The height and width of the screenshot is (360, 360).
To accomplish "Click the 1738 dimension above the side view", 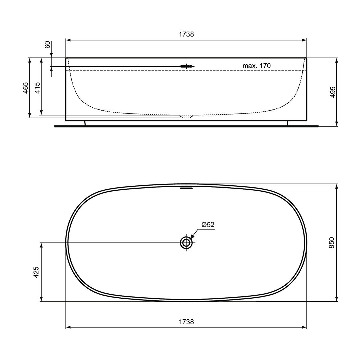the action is pos(186,34).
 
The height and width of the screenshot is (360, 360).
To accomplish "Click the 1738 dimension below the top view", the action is pos(186,322).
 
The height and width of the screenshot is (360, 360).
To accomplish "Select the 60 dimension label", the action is pos(47,45).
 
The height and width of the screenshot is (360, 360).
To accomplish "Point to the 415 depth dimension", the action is pos(37,88).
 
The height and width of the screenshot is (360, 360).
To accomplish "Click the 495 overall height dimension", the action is pos(332,92).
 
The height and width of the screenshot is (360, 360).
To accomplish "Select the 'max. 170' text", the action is pos(256,66).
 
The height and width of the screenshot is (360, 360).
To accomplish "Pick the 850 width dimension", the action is pos(332,243).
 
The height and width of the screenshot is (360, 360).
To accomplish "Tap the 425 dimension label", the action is pos(36,272).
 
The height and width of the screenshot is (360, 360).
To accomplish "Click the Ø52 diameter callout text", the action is pos(208,225).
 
